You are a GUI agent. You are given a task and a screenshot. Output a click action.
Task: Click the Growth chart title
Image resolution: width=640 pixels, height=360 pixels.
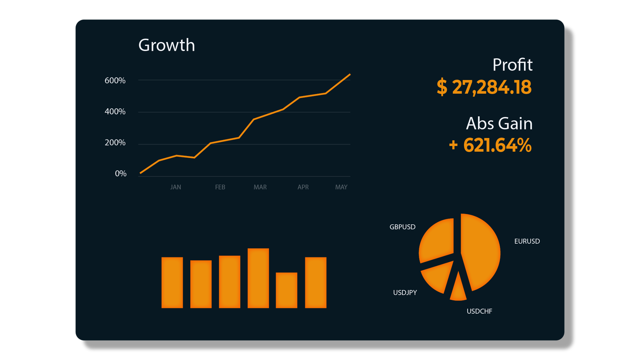(x=166, y=45)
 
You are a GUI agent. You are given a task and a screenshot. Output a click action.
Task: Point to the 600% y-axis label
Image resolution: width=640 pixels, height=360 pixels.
(x=115, y=80)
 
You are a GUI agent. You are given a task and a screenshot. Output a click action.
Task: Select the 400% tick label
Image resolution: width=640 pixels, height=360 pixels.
(x=115, y=112)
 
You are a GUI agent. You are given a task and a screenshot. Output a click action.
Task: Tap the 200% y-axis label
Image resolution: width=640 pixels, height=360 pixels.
(x=115, y=143)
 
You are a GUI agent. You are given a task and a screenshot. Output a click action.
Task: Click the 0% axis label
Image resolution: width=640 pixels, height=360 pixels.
(x=120, y=174)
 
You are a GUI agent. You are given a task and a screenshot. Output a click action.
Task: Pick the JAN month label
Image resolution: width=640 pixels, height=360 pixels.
(x=176, y=187)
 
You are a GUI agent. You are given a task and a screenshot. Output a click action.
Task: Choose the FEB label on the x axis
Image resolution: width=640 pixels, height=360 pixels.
(x=220, y=187)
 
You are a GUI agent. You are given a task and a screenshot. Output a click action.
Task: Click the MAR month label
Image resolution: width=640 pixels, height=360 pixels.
(x=260, y=187)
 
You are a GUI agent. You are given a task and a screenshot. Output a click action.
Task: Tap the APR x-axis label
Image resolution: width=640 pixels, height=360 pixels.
(x=303, y=187)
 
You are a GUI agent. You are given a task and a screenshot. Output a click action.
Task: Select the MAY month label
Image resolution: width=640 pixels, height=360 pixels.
(x=341, y=187)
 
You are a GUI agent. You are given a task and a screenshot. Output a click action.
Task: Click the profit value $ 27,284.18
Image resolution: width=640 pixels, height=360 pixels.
(x=484, y=87)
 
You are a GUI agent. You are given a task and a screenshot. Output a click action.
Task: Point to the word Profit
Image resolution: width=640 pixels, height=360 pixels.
(x=512, y=65)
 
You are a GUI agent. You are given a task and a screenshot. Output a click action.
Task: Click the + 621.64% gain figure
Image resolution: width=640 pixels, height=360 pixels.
(x=490, y=145)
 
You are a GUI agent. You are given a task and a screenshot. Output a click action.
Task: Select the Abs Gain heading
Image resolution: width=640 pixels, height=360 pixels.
(x=499, y=124)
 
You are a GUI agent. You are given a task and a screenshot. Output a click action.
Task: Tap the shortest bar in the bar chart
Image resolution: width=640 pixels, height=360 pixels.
(x=286, y=290)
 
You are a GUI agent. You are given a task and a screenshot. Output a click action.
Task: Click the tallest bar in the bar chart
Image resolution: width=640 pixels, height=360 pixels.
(x=258, y=278)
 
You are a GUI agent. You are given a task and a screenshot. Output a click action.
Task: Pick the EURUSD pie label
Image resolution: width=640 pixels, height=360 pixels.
(x=527, y=241)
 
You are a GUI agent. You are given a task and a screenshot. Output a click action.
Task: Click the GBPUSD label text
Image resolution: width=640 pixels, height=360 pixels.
(x=402, y=227)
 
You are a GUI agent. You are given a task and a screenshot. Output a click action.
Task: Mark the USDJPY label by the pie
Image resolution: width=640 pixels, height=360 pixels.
(x=405, y=292)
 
